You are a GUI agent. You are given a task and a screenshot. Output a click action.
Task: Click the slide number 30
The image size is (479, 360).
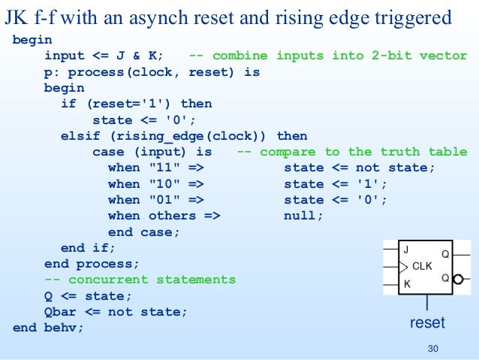pyautogui.click(x=431, y=348)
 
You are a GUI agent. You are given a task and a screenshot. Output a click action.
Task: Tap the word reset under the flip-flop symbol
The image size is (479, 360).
pyautogui.click(x=426, y=323)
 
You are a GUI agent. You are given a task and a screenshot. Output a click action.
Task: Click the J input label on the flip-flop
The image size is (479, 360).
pyautogui.click(x=406, y=250)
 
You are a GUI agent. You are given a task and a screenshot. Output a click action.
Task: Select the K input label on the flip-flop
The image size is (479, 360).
pyautogui.click(x=406, y=283)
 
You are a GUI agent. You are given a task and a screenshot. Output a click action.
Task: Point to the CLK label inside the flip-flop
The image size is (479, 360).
pyautogui.click(x=423, y=266)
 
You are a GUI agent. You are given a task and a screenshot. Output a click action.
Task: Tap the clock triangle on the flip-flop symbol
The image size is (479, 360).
pyautogui.click(x=403, y=267)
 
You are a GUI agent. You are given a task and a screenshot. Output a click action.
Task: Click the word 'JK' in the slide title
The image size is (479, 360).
pyautogui.click(x=17, y=17)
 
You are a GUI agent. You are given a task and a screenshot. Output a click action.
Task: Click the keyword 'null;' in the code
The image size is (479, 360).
pyautogui.click(x=303, y=216)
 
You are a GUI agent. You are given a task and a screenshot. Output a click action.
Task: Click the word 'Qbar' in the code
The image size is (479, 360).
pyautogui.click(x=60, y=311)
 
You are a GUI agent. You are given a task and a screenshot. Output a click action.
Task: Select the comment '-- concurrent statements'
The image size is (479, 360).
pyautogui.click(x=140, y=280)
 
